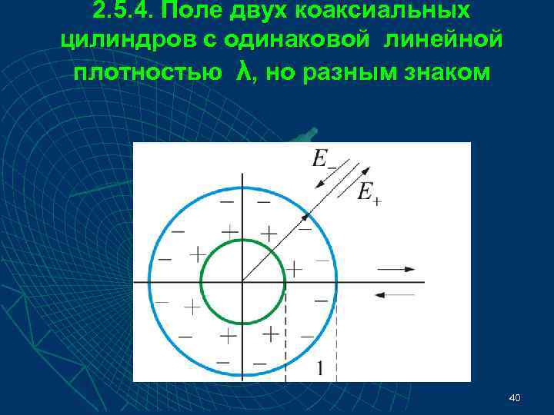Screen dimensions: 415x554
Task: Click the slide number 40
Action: (x=515, y=397)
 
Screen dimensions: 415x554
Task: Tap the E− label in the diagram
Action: (x=323, y=161)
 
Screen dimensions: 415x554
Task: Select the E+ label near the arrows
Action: (x=369, y=191)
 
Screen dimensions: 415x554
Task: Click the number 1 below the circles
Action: (x=319, y=368)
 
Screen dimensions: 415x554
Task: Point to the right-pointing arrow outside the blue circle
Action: (x=396, y=269)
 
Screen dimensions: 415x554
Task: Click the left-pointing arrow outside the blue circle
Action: (x=396, y=294)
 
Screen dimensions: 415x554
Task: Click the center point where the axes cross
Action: (x=242, y=282)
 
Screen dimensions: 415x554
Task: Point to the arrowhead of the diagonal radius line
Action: (x=304, y=219)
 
